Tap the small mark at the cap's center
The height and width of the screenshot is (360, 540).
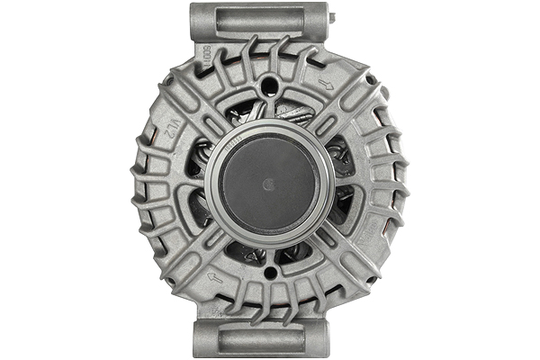pyautogui.click(x=267, y=184)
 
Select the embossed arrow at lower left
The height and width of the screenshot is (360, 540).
pyautogui.click(x=214, y=277)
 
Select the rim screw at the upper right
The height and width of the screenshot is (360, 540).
pyautogui.click(x=371, y=79)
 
